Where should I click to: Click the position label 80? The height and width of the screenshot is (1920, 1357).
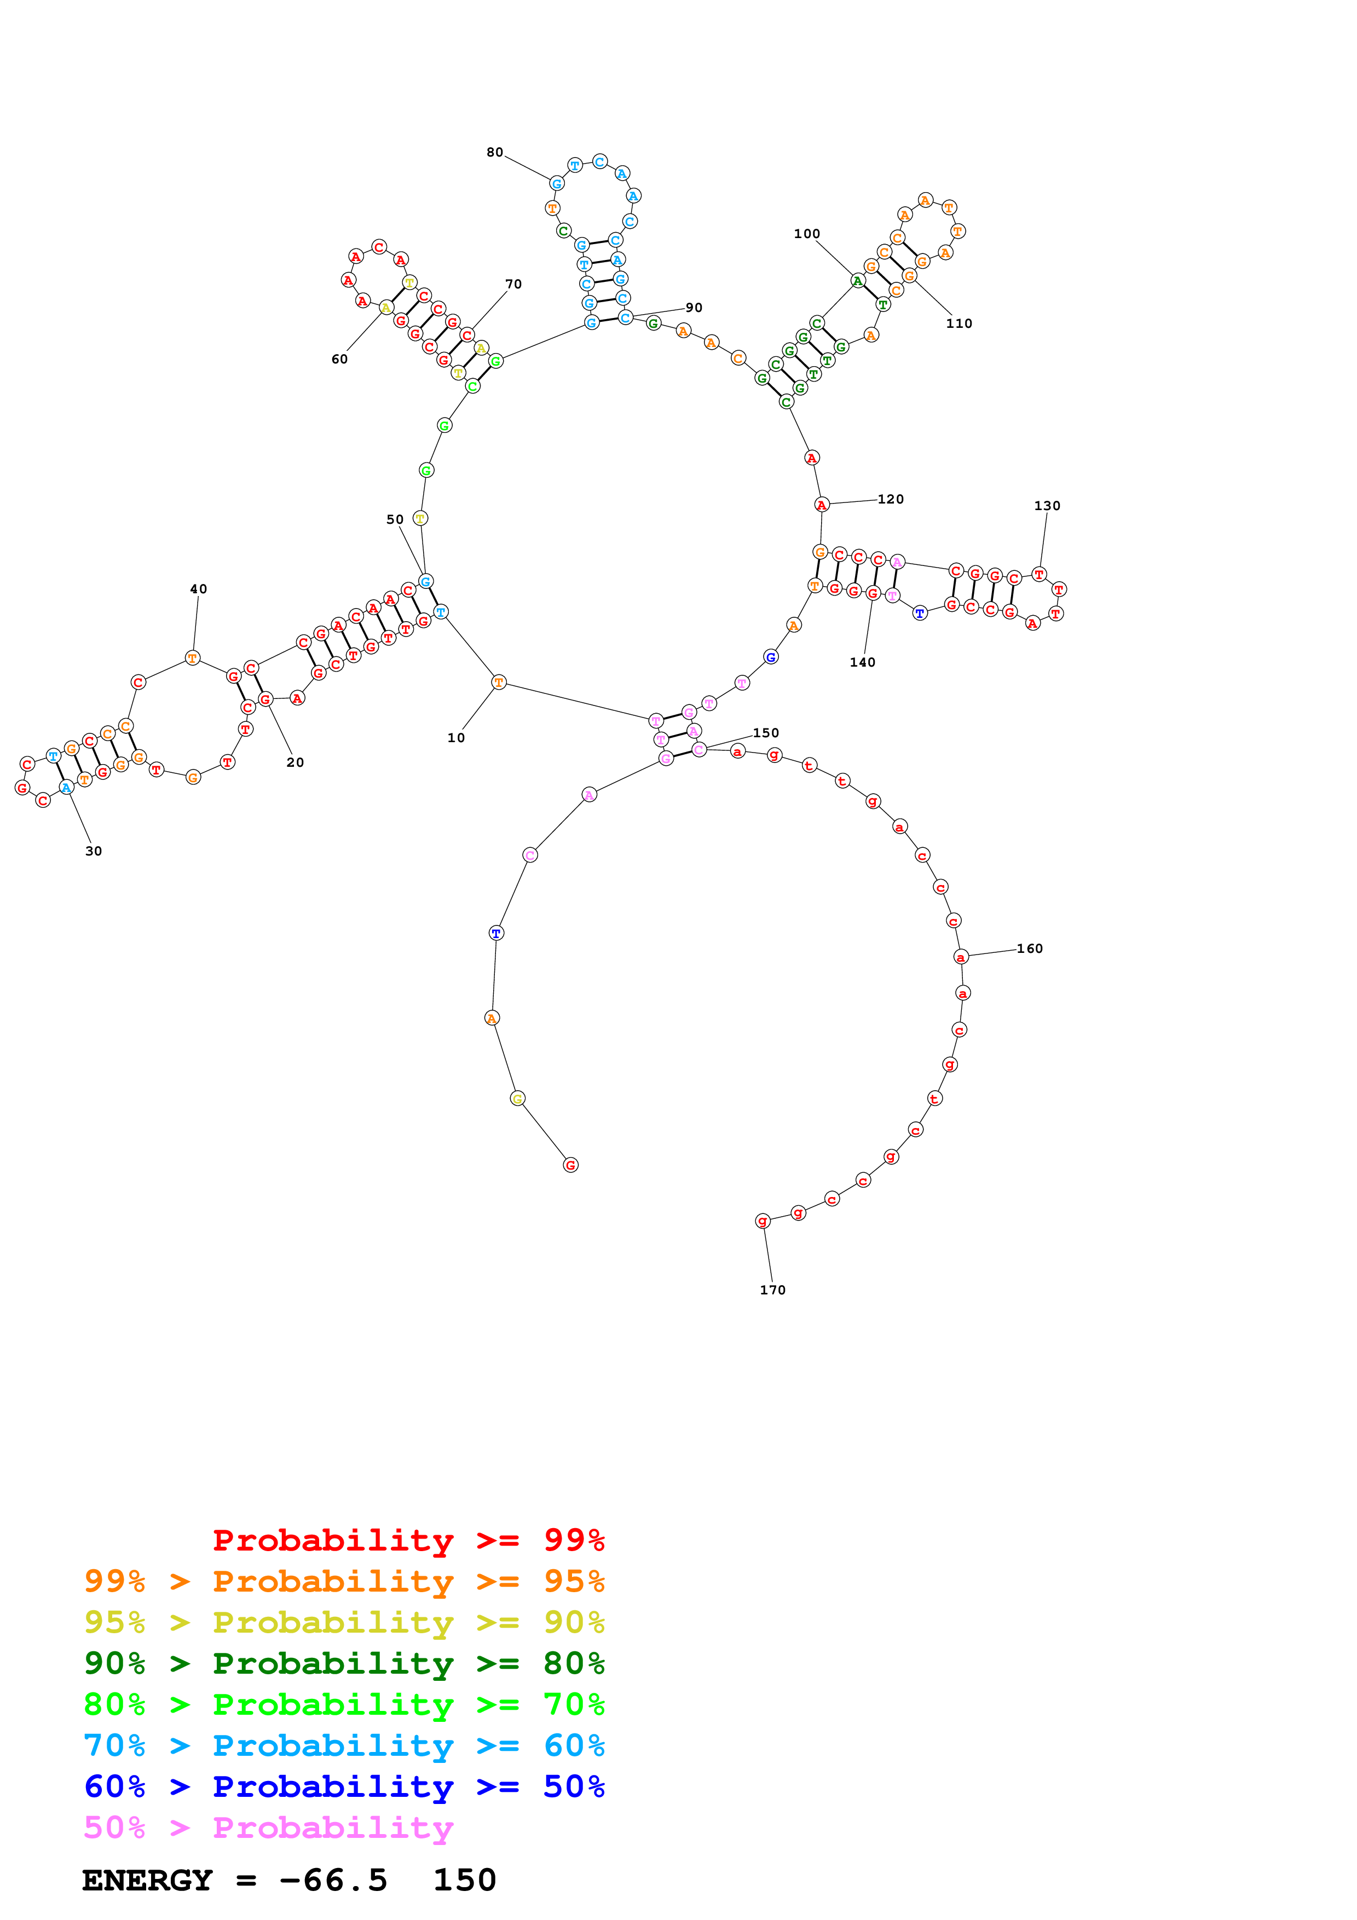tap(495, 152)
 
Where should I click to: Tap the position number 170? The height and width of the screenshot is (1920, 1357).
tap(772, 1289)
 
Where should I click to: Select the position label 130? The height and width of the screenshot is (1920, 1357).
tap(1047, 506)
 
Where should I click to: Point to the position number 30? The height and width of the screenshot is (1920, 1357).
tap(94, 851)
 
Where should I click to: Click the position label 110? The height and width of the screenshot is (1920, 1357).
tap(959, 323)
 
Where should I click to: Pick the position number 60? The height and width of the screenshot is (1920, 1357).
tap(339, 360)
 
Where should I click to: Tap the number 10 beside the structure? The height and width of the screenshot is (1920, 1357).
tap(455, 738)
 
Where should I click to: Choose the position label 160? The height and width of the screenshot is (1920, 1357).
tap(1029, 949)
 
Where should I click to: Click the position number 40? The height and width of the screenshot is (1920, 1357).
tap(198, 589)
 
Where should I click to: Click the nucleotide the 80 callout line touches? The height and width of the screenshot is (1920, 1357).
tap(557, 184)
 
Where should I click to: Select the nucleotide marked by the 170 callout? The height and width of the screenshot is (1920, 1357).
tap(763, 1221)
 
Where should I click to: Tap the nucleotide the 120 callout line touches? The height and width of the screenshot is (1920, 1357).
tap(822, 505)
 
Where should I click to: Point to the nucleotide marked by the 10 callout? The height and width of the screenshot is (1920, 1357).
tap(499, 683)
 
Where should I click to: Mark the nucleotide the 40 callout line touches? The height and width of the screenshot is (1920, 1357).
tap(192, 658)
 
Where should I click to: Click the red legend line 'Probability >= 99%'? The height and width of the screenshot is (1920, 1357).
tap(408, 1540)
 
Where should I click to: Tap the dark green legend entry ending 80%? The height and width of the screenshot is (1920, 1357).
tap(344, 1663)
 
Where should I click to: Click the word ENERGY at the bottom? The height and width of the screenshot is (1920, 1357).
tap(147, 1881)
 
